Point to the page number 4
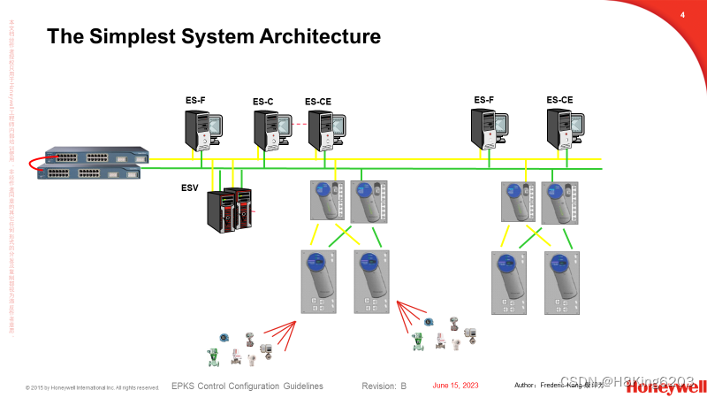coord(682,15)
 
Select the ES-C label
coord(263,102)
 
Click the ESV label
coord(190,188)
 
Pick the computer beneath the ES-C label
coord(272,131)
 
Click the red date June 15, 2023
coord(455,386)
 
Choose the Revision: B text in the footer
coord(384,387)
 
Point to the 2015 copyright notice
coord(93,387)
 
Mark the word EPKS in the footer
coord(183,387)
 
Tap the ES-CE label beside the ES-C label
coord(318,102)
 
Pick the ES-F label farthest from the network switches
coord(484,100)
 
